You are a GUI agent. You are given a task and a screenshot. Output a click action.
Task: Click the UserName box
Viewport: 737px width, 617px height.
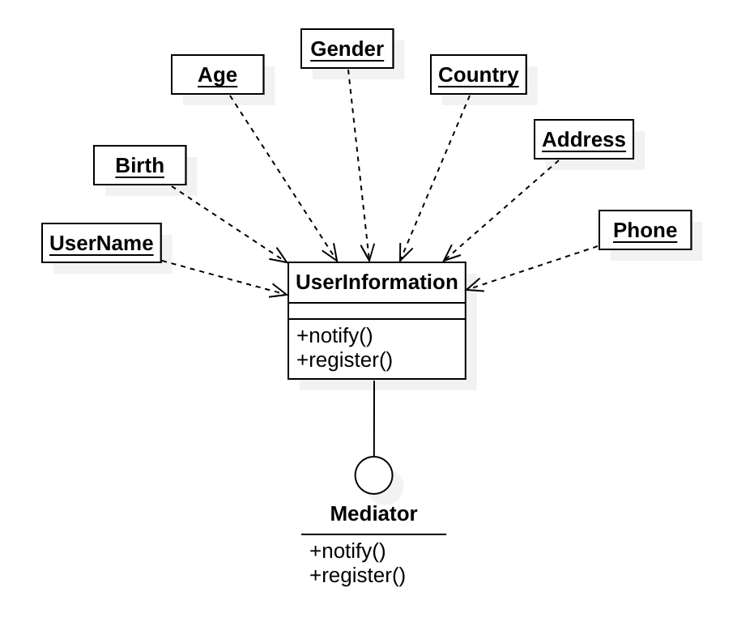(x=101, y=243)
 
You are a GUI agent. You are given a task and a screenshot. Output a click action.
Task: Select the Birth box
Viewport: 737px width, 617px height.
(x=139, y=165)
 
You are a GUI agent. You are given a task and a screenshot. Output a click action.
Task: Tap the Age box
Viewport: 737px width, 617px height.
(x=217, y=74)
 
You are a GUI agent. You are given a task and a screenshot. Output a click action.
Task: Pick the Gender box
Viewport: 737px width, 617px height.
(x=347, y=49)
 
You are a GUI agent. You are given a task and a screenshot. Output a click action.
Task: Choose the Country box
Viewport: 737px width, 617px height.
(x=478, y=74)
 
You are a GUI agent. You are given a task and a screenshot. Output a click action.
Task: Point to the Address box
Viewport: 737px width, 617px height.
(x=583, y=139)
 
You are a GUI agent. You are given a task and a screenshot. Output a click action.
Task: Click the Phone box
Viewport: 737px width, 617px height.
(x=645, y=230)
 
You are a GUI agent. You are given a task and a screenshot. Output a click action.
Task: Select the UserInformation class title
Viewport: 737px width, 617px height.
(x=377, y=282)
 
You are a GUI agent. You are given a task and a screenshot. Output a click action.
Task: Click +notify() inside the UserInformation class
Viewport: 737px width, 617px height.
(x=334, y=335)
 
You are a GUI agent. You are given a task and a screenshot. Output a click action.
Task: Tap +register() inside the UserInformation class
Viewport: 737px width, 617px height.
(x=344, y=360)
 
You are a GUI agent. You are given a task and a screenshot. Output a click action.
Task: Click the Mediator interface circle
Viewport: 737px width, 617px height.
(x=373, y=475)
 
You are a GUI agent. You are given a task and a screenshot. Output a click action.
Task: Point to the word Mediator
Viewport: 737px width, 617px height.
(x=373, y=513)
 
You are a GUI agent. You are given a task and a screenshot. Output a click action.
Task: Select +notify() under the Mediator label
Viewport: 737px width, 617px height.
(x=347, y=551)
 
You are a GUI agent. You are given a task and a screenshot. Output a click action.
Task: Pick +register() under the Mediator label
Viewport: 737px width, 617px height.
(x=356, y=576)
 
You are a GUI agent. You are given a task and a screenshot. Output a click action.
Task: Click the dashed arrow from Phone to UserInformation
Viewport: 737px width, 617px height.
(x=535, y=267)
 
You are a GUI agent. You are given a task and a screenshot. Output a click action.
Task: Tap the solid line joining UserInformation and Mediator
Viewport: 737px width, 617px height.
(x=373, y=417)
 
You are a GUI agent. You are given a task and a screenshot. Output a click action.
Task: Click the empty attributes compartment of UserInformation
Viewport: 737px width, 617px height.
(x=377, y=311)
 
